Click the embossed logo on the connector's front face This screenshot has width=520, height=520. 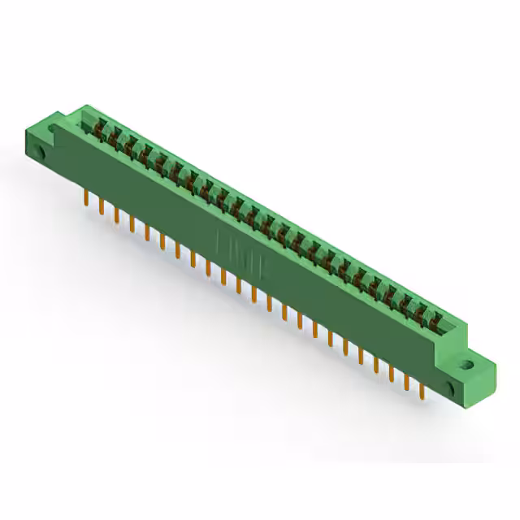tap(231, 245)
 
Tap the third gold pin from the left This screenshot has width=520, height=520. tap(116, 216)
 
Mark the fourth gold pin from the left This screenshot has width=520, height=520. tap(132, 225)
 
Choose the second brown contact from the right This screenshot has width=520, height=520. tap(422, 311)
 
